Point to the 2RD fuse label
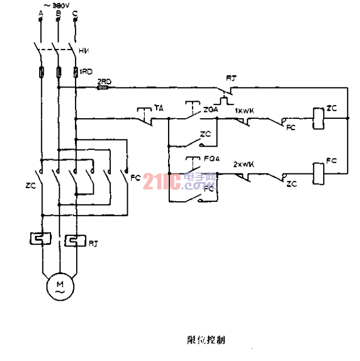point(104,81)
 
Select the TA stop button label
point(158,107)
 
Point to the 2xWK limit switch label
point(244,164)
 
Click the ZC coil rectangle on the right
point(318,119)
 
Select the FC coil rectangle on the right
point(318,171)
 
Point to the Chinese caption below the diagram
point(205,340)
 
